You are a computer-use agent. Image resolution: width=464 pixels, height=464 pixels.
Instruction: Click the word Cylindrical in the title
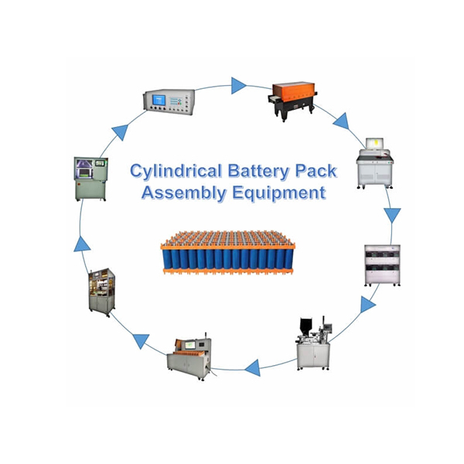[x=172, y=169]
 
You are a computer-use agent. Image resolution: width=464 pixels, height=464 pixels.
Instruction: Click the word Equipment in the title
[x=280, y=193]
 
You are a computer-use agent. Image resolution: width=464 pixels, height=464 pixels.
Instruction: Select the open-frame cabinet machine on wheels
[x=101, y=290]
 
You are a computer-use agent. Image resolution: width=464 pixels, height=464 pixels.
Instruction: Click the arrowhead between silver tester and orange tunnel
[x=238, y=84]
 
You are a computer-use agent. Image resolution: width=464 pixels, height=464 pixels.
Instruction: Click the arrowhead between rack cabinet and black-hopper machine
[x=368, y=305]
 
